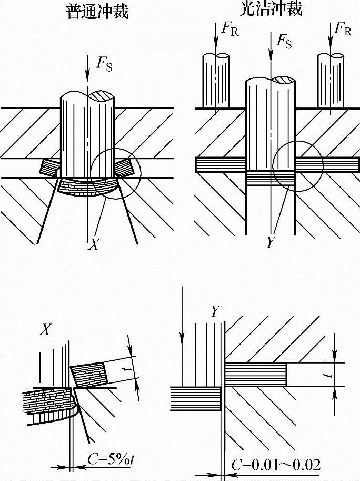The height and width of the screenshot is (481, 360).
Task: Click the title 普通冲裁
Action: tap(98, 12)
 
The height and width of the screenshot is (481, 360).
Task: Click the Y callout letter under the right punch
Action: tap(271, 243)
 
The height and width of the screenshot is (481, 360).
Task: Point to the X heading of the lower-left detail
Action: tap(46, 330)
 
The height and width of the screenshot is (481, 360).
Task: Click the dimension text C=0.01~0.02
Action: tap(276, 465)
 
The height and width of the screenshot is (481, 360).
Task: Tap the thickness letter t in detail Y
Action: tap(327, 374)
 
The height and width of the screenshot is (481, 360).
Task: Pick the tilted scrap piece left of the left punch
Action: tap(49, 167)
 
